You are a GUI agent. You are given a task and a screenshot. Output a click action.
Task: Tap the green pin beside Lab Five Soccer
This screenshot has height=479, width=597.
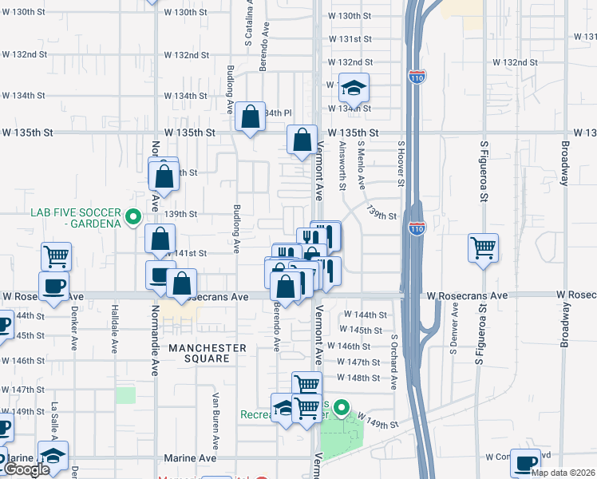(x=134, y=216)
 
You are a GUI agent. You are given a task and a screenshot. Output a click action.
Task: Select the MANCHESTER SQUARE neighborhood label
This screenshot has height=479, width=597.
(x=207, y=353)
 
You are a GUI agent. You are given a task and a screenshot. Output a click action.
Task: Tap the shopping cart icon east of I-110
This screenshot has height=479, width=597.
(x=484, y=248)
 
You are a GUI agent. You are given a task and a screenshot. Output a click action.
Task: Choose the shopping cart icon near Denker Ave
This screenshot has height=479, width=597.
(x=56, y=257)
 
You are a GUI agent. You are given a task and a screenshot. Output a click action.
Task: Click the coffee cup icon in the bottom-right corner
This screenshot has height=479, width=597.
(x=526, y=463)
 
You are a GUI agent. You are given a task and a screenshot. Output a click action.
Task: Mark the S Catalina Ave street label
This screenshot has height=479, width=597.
(x=249, y=22)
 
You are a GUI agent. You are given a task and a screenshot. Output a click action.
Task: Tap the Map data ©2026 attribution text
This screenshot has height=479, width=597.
(x=563, y=473)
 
